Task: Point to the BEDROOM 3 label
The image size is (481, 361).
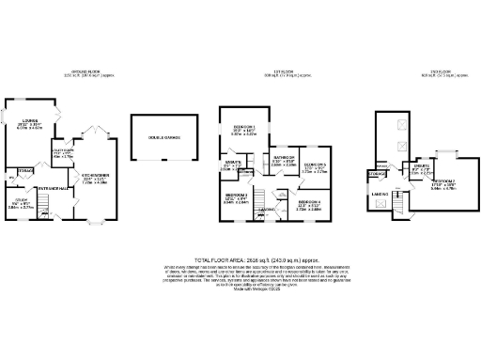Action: tap(235, 196)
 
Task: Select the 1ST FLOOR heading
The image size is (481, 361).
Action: tap(271, 71)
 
